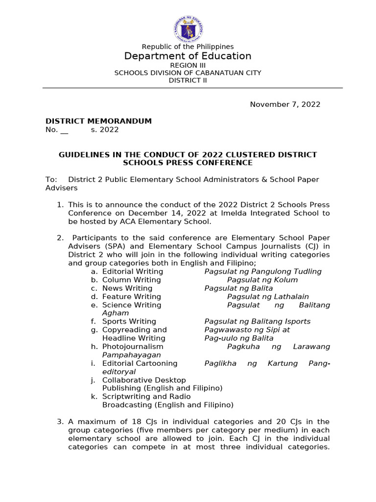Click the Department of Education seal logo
click(x=188, y=29)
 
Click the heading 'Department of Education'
click(x=188, y=56)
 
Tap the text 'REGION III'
click(x=188, y=65)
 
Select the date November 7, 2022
click(x=285, y=104)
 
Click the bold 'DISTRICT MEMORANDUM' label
click(x=98, y=121)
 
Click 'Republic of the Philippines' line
click(x=188, y=47)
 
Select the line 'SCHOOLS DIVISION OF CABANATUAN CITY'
click(x=188, y=73)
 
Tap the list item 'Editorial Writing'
click(x=132, y=272)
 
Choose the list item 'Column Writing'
click(x=131, y=280)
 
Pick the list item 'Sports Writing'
click(x=129, y=322)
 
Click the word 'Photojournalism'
click(x=133, y=347)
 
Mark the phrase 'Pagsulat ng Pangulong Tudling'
click(x=263, y=272)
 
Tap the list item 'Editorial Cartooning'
click(x=140, y=363)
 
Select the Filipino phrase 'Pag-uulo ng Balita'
click(x=239, y=338)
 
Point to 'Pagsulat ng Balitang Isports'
click(x=257, y=322)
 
